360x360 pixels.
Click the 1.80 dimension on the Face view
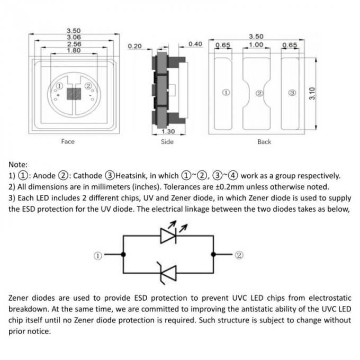(x=74, y=51)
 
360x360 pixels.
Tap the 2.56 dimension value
(x=74, y=44)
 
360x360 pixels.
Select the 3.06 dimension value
(x=74, y=37)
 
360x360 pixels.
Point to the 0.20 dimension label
(x=135, y=47)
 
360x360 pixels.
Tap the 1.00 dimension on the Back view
(x=256, y=45)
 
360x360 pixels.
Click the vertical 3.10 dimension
(x=312, y=94)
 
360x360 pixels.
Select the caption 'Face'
(x=68, y=141)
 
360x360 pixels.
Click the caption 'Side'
(x=167, y=142)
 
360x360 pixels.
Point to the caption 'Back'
(x=264, y=142)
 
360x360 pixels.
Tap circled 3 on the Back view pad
(x=292, y=93)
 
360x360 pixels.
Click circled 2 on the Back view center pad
(x=259, y=93)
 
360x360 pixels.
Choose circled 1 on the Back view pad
(x=226, y=93)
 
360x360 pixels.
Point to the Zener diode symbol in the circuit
(x=168, y=273)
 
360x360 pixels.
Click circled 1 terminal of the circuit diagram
(x=97, y=255)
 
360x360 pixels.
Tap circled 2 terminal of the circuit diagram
(x=239, y=255)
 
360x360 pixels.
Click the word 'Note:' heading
(x=19, y=165)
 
